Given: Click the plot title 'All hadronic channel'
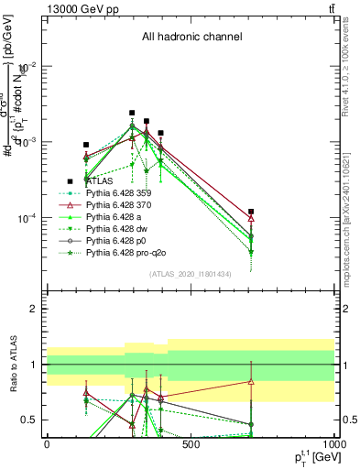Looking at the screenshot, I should pos(191,37).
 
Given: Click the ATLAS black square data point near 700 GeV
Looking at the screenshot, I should pos(251,212).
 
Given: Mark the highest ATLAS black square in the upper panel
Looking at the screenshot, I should pos(132,113).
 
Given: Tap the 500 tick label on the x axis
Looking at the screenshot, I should pos(191,442).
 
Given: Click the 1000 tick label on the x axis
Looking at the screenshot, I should pos(333,442).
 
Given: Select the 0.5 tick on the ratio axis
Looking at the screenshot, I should pos(30,420).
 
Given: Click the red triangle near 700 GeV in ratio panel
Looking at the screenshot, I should pos(251,382).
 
